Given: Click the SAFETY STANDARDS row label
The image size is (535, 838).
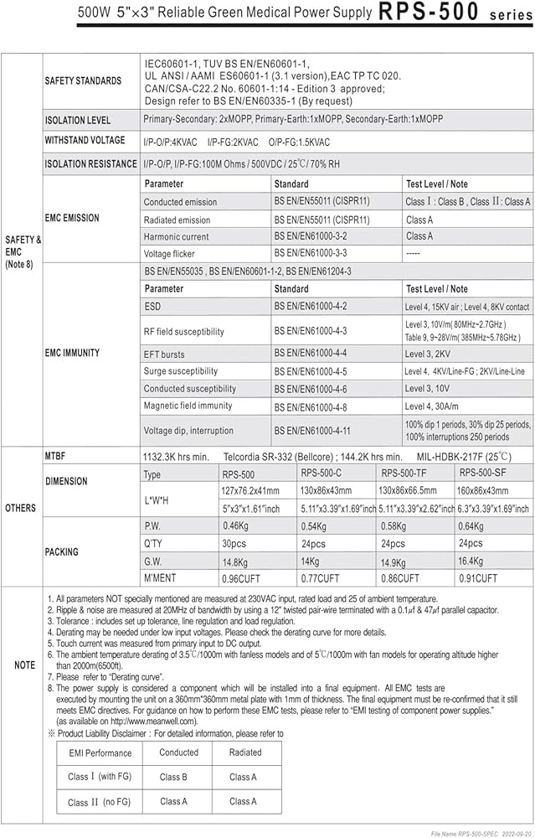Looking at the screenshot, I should tap(82, 81).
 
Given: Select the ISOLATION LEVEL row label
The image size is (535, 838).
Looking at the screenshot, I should tap(78, 121).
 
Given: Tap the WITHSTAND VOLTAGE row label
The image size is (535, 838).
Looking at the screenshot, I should tap(85, 141).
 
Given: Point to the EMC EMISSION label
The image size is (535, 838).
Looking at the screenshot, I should tap(71, 218).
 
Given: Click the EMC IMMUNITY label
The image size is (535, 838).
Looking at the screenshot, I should tap(72, 354).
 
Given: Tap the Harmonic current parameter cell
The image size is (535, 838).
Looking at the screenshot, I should tap(177, 237).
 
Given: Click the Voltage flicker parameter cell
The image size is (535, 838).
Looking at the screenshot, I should tap(170, 254).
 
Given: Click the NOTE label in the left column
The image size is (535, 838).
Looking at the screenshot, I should tap(24, 665).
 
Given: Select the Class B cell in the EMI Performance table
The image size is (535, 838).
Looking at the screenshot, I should tap(173, 777).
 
